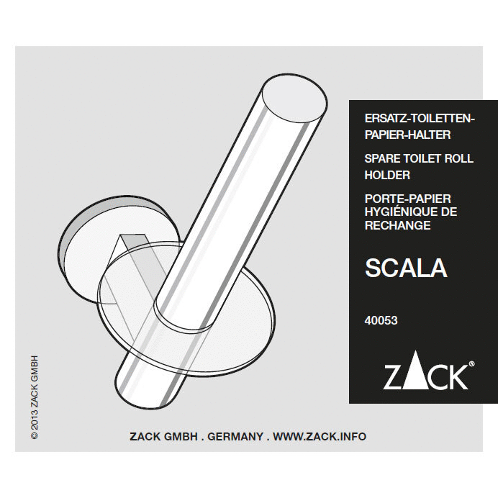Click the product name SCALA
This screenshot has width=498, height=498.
point(406,268)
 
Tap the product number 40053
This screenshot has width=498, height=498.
point(381,321)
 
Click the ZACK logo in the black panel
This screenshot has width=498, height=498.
point(425,376)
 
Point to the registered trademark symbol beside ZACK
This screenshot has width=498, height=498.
point(471,365)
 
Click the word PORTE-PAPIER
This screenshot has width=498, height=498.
point(408,198)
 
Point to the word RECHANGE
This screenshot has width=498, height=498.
point(398,225)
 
